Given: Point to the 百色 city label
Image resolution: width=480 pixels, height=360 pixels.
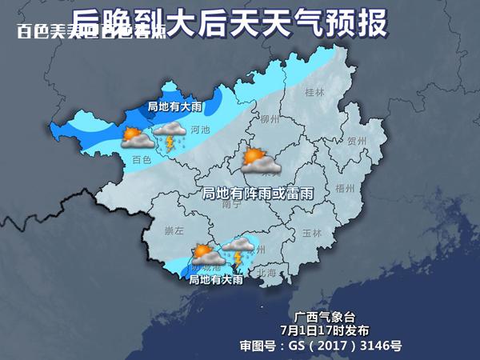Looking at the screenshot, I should tap(142, 160).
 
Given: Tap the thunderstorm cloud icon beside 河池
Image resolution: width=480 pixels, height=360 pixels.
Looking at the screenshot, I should tap(170, 137).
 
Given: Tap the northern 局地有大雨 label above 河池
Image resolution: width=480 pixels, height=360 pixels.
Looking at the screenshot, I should tap(174, 106).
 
